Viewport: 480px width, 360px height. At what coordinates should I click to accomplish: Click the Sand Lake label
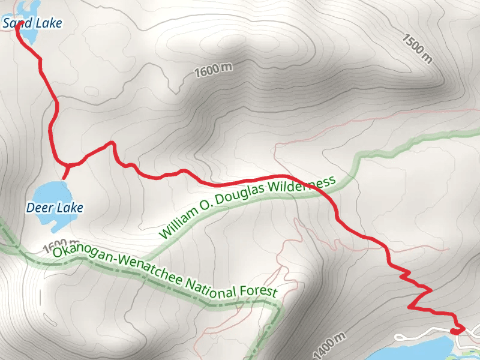click(x=32, y=24)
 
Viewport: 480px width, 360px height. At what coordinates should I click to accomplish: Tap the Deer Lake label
click(x=55, y=208)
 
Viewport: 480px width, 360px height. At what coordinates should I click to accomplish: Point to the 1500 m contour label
click(x=418, y=49)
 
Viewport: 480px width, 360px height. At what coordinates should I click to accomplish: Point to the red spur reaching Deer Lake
click(x=65, y=173)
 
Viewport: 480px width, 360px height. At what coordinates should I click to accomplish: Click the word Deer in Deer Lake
click(x=38, y=208)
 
